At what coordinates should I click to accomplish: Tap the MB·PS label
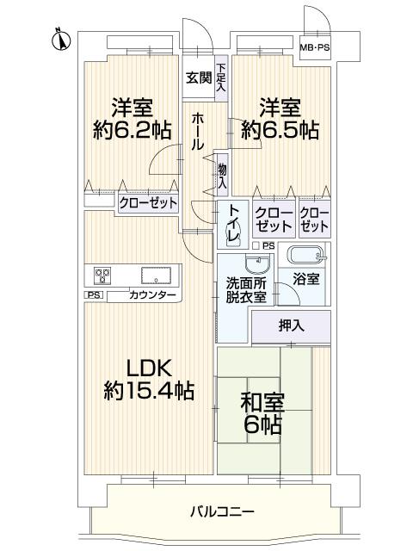314,47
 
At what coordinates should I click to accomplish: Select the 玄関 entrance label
198,77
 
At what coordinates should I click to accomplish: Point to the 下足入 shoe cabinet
221,78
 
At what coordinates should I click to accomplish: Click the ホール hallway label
198,130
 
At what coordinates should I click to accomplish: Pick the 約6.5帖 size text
280,131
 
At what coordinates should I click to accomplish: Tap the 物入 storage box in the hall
222,176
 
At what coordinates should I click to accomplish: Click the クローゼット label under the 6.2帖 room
147,202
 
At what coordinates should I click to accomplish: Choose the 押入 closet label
291,326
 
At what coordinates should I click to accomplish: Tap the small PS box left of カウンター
92,295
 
